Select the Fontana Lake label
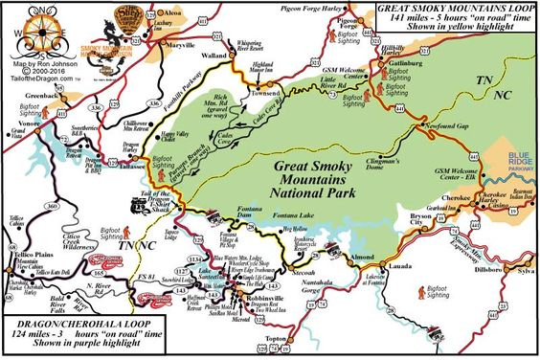tap(292, 217)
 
